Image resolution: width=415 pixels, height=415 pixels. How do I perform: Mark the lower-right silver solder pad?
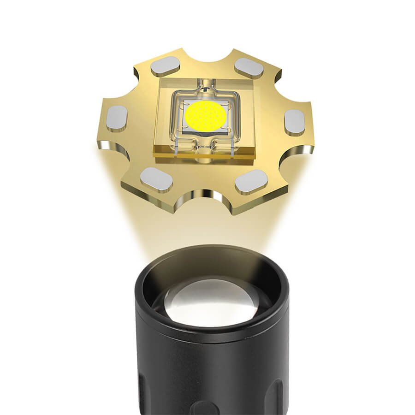pyautogui.click(x=251, y=181)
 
